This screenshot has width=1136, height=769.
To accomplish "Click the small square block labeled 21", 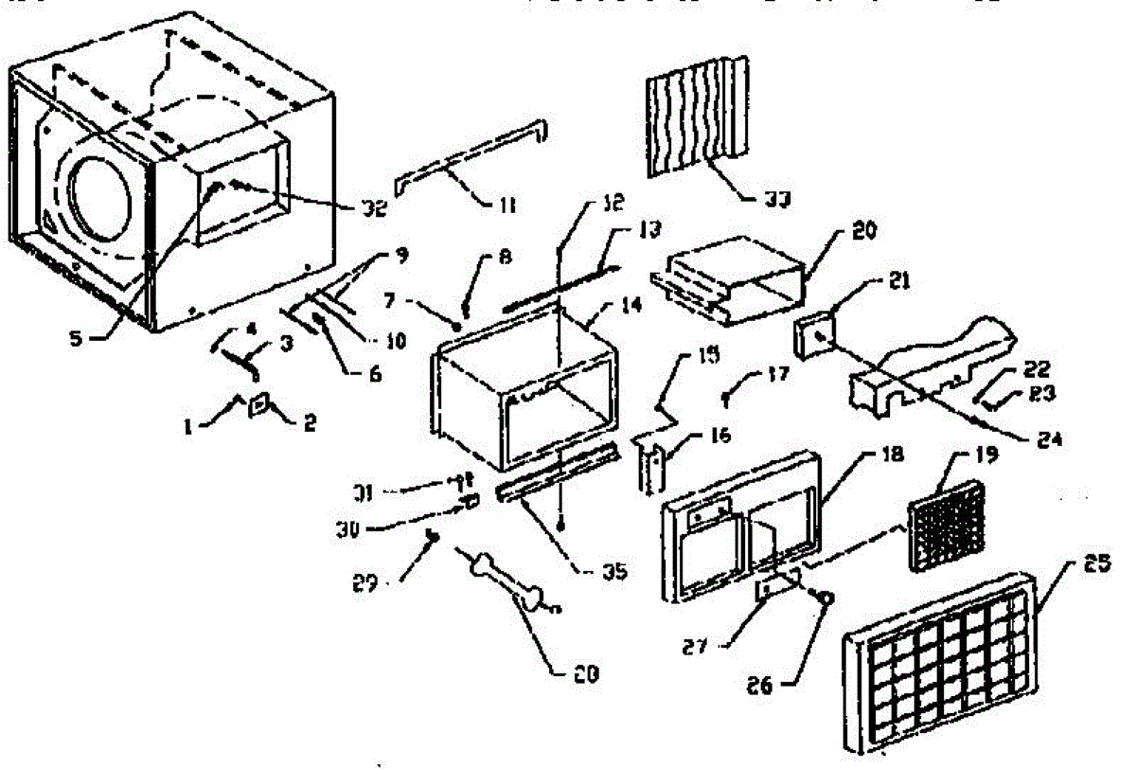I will (816, 337).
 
